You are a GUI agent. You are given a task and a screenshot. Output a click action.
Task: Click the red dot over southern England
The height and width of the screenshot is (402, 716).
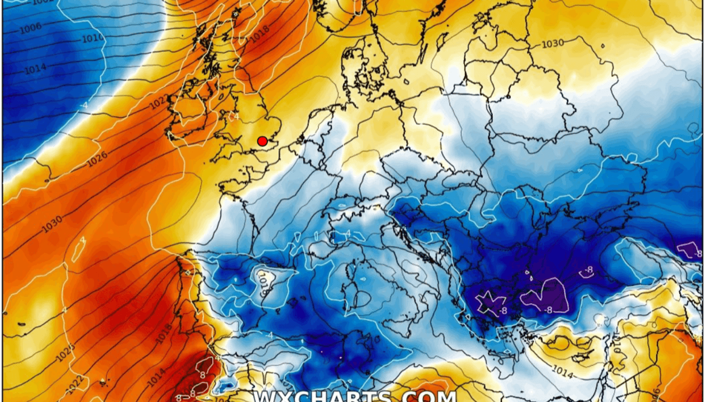tap(262, 141)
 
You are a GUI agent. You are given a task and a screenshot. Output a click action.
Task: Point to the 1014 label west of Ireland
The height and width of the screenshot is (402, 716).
tap(35, 69)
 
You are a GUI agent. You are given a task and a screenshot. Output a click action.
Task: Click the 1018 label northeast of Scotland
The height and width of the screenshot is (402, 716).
tap(260, 38)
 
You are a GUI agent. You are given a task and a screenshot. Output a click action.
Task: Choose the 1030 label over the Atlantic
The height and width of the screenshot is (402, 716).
tap(52, 225)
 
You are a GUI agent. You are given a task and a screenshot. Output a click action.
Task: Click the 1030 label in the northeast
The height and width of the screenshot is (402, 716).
tap(552, 43)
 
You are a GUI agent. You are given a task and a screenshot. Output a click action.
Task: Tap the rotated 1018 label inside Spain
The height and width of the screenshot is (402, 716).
tap(264, 284)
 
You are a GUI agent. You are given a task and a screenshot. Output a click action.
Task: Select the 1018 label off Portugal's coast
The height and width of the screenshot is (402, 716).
tap(164, 334)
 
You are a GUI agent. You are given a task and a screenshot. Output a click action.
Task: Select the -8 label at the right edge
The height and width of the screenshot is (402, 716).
tap(698, 254)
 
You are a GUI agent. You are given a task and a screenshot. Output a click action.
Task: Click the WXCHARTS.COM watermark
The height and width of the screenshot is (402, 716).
tap(355, 396)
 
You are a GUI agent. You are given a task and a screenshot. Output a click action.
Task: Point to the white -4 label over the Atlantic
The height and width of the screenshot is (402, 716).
tap(84, 106)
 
